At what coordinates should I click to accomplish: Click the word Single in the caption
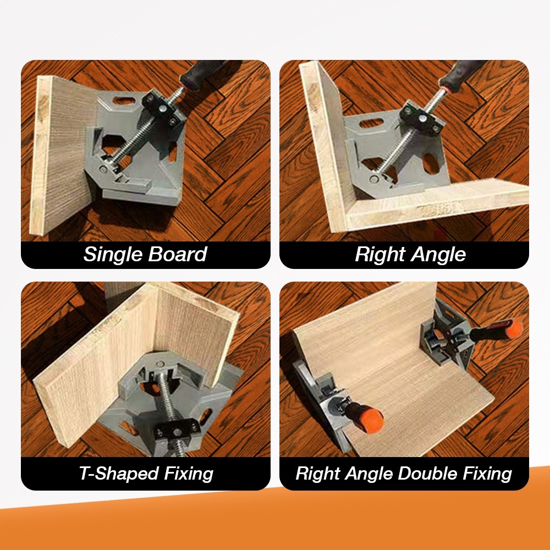(112, 254)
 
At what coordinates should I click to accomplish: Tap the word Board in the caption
(178, 254)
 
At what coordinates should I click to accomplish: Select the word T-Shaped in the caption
(119, 474)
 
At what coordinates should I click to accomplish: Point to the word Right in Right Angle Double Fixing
(317, 474)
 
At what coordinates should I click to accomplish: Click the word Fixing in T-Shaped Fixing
(189, 474)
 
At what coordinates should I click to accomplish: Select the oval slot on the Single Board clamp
(124, 101)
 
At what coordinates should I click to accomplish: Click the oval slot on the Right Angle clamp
(371, 123)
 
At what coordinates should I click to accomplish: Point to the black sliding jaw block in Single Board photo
(162, 109)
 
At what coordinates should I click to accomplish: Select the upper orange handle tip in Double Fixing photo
(513, 328)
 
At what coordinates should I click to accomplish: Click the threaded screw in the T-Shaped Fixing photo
(168, 403)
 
